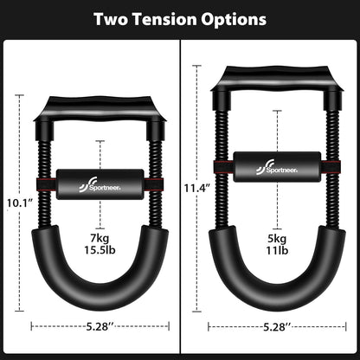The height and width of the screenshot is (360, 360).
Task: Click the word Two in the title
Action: [x=114, y=18]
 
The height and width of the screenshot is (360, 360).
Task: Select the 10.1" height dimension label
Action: [x=19, y=204]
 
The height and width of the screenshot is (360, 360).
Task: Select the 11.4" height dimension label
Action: [x=196, y=187]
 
